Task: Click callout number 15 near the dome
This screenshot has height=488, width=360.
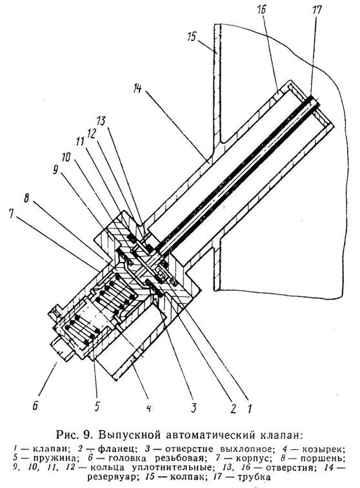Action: coord(192,37)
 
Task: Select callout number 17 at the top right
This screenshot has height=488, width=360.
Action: coord(316,10)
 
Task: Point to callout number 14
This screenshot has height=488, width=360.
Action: coord(137,88)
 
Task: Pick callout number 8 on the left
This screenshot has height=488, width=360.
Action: coord(26,199)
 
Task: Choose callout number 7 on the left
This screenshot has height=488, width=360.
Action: coord(12,214)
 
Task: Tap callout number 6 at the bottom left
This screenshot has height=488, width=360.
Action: coord(35,405)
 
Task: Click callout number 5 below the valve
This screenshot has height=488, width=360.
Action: coord(97,405)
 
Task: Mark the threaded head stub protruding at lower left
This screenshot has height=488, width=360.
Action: coord(61,350)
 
